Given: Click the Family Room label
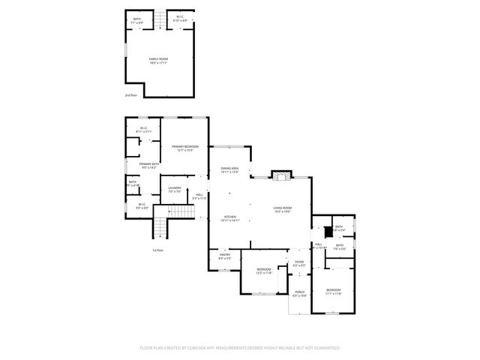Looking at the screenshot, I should (157, 59).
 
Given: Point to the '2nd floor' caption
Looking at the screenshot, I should (131, 96).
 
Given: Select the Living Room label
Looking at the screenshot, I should (282, 209).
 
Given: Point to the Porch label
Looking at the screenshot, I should (299, 293).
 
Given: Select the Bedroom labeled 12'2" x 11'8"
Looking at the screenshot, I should (264, 271).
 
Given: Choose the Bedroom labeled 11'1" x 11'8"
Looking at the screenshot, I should (333, 291).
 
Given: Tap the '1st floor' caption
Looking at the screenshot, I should (157, 250).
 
